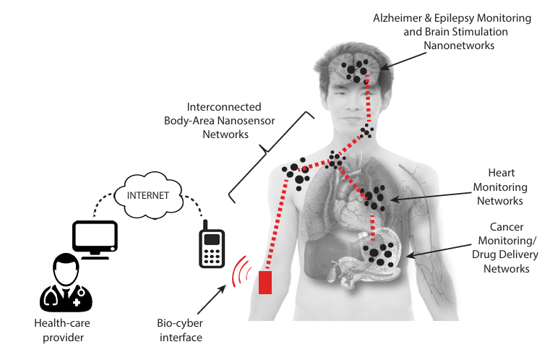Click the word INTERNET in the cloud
(149, 194)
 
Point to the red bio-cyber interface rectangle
(265, 281)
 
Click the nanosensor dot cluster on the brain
(356, 69)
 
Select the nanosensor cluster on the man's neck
(367, 131)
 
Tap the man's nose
(356, 98)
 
